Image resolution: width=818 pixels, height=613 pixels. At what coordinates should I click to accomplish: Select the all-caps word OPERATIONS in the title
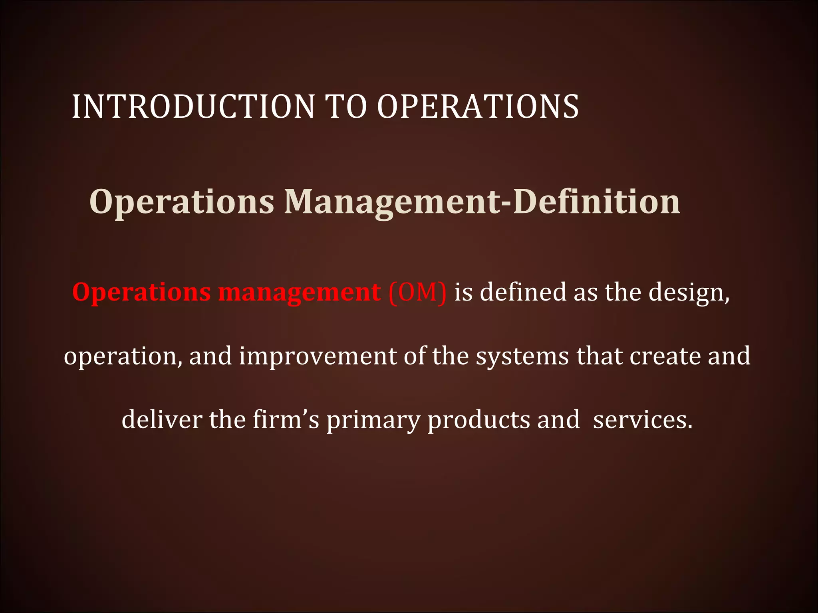pyautogui.click(x=478, y=107)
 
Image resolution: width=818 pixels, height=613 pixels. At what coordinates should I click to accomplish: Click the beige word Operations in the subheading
pyautogui.click(x=182, y=202)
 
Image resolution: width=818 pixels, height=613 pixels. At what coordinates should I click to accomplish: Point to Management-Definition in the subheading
pyautogui.click(x=482, y=202)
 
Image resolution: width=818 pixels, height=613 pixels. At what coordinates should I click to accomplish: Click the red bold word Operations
pyautogui.click(x=141, y=293)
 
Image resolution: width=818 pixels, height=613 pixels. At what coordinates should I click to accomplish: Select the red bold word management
pyautogui.click(x=300, y=293)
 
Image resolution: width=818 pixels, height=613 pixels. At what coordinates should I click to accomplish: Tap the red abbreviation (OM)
pyautogui.click(x=417, y=293)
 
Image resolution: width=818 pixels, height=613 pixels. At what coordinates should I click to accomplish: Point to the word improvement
pyautogui.click(x=318, y=356)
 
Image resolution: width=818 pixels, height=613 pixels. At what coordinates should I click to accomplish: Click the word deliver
pyautogui.click(x=162, y=420)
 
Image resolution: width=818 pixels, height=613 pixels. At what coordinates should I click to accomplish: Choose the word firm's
pyautogui.click(x=286, y=420)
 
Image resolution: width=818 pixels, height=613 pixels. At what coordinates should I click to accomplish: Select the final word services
pyautogui.click(x=643, y=420)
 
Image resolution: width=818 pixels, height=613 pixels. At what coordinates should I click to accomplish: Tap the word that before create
pyautogui.click(x=599, y=356)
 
